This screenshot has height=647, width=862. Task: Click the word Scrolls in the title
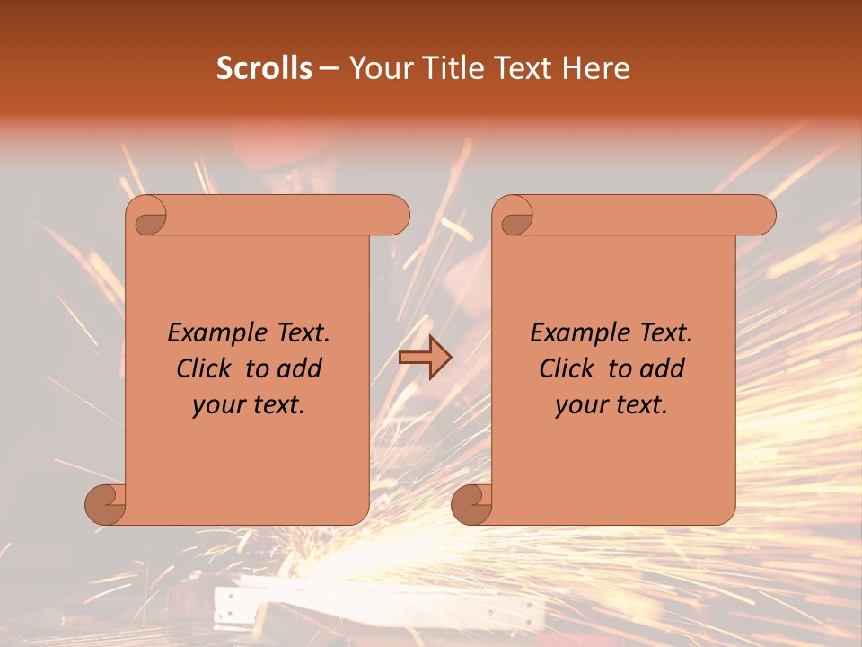tap(264, 68)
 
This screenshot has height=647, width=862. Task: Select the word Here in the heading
tap(596, 68)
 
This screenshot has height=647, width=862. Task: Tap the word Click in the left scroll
tap(204, 368)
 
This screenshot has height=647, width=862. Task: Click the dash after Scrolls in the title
tap(329, 69)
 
